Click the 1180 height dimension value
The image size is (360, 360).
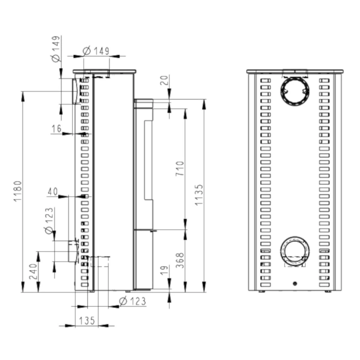tap(17, 191)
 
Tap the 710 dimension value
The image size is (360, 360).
tap(180, 168)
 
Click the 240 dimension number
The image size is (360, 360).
tap(33, 271)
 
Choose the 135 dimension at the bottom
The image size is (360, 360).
tap(87, 320)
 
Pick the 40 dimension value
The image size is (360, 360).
tap(53, 192)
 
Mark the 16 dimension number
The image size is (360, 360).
tap(56, 129)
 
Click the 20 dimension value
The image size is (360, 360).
tap(165, 80)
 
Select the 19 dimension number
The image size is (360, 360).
tap(165, 270)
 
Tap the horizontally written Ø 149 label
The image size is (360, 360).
tap(96, 51)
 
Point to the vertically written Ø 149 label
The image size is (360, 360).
tap(56, 49)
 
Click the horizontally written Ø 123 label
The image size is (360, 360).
tap(132, 301)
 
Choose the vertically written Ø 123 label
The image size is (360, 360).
tap(49, 221)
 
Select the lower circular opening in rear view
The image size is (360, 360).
tap(295, 251)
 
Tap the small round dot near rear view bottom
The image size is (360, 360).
tap(295, 283)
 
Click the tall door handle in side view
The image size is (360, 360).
tap(148, 160)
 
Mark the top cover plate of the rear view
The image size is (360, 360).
tap(295, 71)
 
